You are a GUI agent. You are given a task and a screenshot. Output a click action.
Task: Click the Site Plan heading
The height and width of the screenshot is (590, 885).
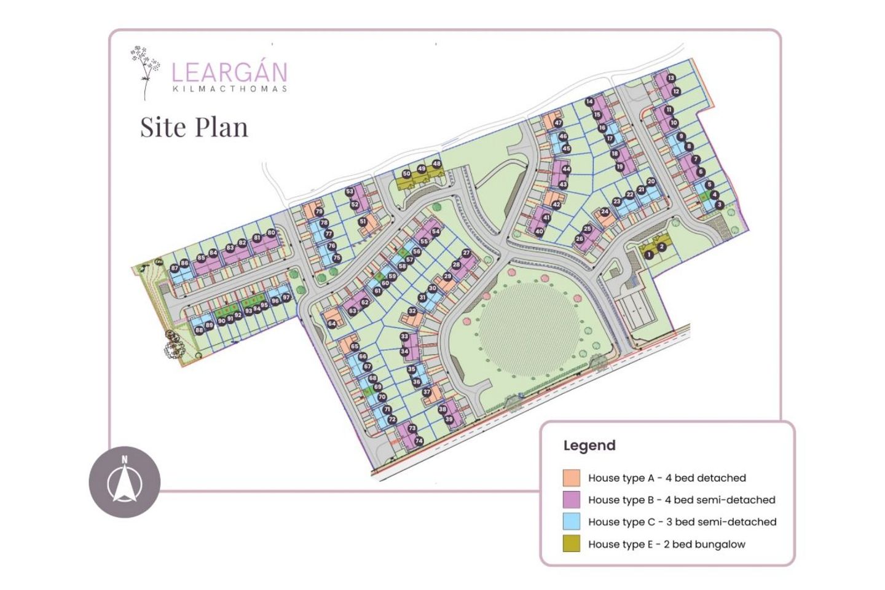194,127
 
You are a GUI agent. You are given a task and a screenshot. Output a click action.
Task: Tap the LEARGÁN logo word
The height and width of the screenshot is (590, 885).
229,73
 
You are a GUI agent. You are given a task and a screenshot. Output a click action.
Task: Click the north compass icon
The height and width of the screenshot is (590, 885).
125,482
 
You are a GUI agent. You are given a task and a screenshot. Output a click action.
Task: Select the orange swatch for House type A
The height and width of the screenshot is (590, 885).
572,478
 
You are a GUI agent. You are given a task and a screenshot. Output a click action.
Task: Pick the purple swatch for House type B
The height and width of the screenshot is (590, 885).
572,500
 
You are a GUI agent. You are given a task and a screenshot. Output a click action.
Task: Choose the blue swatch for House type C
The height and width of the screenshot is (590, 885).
572,522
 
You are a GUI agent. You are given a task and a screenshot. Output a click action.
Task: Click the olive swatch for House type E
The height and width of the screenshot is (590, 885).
572,544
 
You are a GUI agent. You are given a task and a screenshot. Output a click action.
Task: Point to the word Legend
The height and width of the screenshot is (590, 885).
589,446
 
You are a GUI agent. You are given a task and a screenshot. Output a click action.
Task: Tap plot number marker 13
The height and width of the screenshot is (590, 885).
671,78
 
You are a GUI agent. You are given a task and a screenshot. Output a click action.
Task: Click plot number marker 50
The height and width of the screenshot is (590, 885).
406,174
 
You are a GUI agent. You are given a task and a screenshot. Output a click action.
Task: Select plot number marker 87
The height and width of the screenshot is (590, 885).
175,268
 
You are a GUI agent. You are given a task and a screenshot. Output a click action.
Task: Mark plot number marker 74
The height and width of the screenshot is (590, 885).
419,441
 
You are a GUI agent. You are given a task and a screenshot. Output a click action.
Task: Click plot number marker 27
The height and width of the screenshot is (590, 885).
466,253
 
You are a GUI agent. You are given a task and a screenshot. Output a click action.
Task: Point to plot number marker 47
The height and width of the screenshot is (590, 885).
558,123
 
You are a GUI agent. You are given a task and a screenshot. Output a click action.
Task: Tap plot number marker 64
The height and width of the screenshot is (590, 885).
332,323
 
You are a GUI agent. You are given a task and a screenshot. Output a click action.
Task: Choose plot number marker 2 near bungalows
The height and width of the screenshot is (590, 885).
661,247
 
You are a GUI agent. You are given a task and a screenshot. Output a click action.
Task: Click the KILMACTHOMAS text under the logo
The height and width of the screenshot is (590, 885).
230,89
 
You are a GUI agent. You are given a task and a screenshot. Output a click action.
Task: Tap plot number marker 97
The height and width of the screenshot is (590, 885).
286,297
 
